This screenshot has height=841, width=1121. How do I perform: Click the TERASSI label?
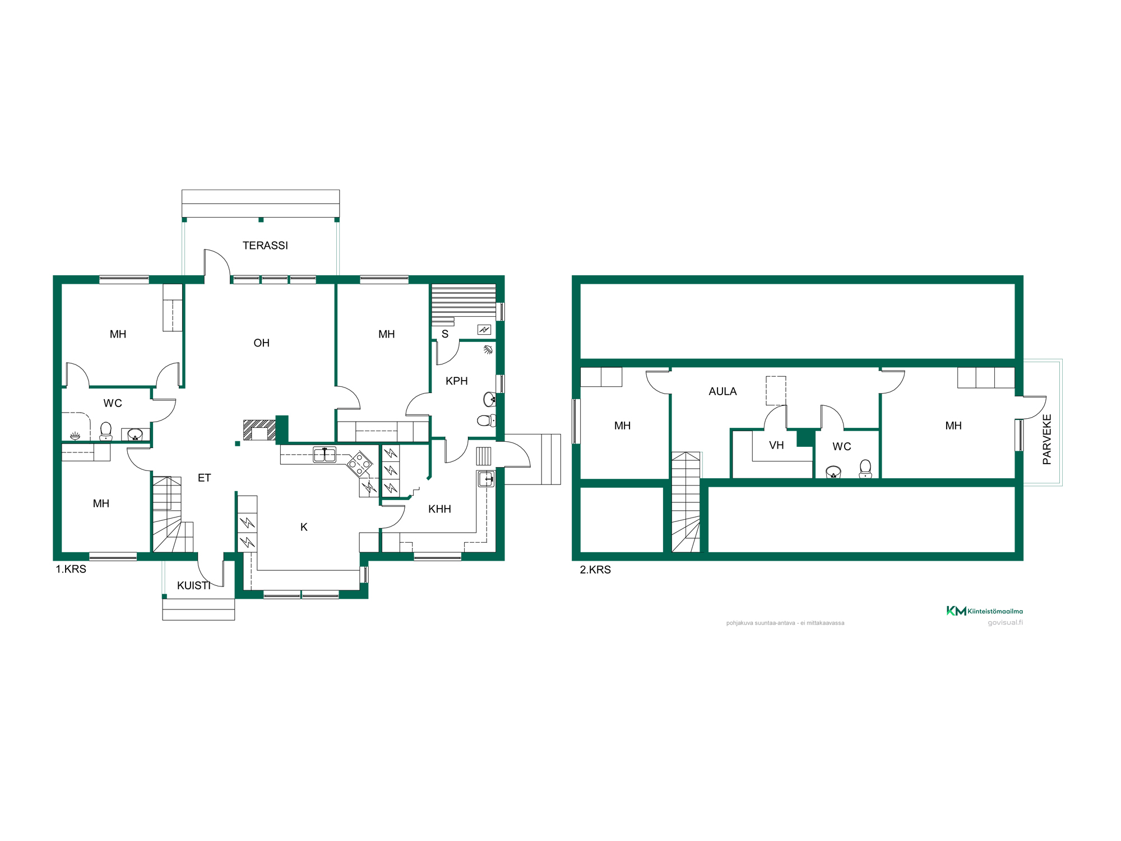[x=265, y=246]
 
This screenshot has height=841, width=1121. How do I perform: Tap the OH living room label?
[x=261, y=343]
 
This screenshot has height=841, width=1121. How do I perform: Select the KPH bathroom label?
[x=456, y=381]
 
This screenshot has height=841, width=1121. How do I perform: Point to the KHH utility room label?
[x=439, y=509]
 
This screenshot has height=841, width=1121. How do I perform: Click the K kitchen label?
[x=304, y=527]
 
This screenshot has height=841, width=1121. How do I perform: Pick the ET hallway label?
[x=204, y=478]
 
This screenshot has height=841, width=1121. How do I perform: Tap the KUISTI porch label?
[x=194, y=586]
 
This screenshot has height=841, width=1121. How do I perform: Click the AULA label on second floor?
[x=722, y=392]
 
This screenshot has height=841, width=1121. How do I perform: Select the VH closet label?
[x=776, y=446]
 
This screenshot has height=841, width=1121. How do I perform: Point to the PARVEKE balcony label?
[x=1046, y=440]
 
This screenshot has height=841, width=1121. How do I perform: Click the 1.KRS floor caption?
[x=71, y=569]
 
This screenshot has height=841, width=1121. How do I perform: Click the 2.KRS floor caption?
[x=595, y=570]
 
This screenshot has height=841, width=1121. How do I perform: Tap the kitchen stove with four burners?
[x=359, y=464]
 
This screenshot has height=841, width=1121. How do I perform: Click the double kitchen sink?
[x=325, y=455]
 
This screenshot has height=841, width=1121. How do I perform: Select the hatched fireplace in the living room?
[x=260, y=430]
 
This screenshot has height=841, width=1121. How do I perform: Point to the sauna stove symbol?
[x=484, y=330]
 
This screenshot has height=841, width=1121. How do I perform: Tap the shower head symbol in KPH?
[x=488, y=350]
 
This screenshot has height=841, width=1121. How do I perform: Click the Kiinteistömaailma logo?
[x=984, y=611]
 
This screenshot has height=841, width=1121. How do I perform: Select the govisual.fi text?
[x=1005, y=622]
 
